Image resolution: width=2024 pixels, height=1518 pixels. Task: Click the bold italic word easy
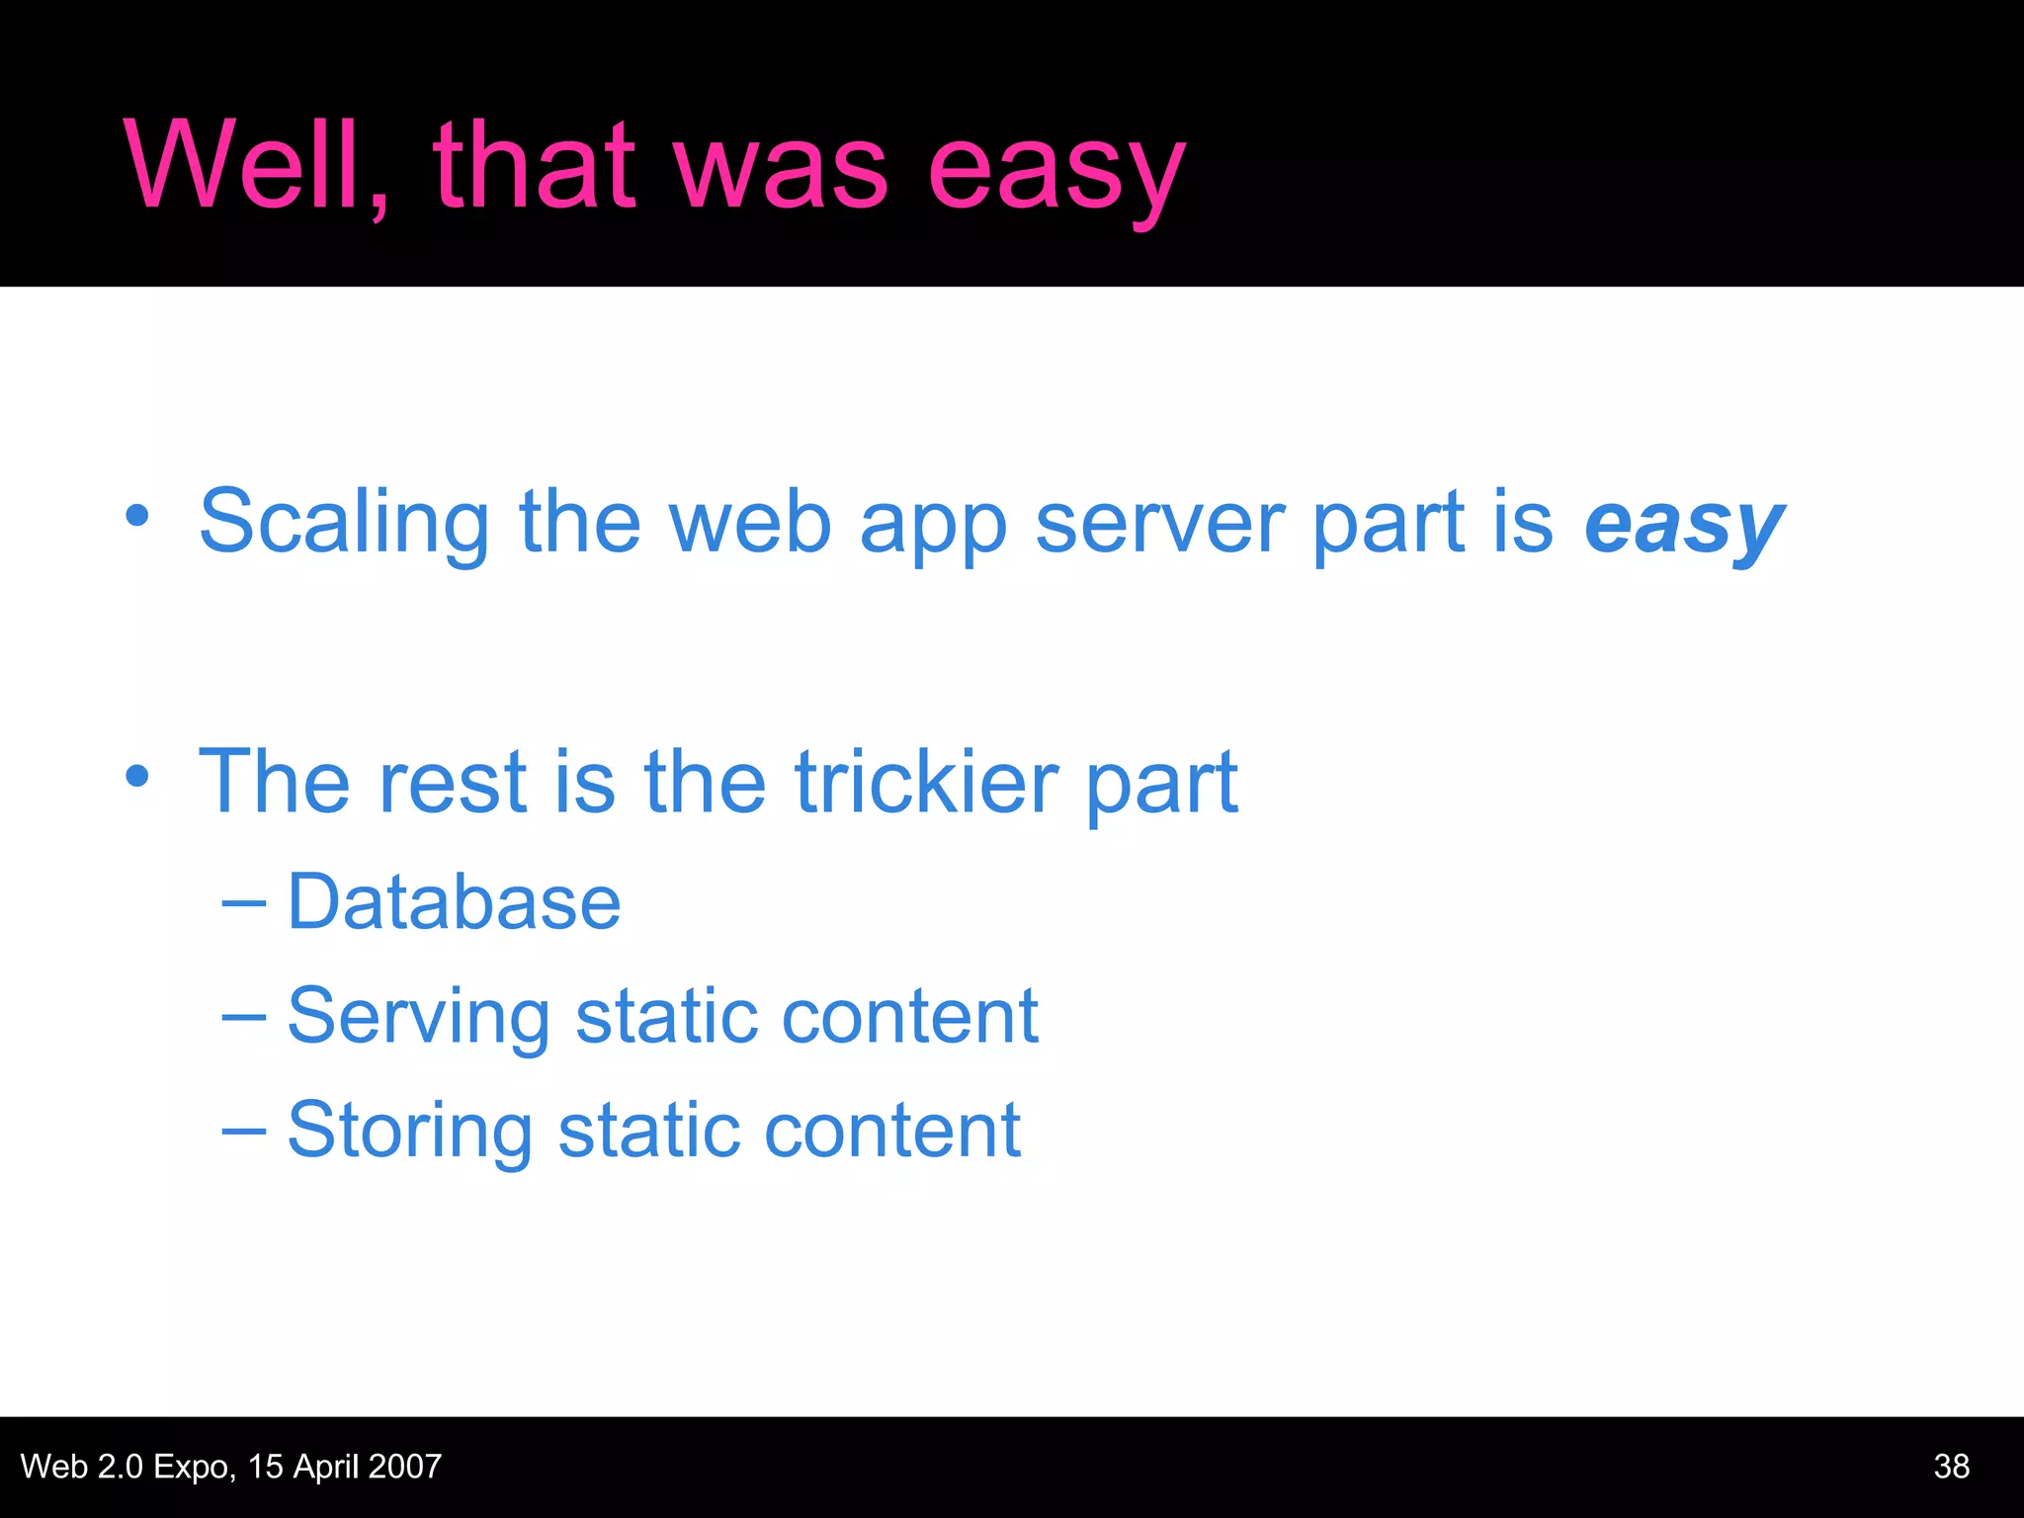coord(1684,526)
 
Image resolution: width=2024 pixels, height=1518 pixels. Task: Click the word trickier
coord(927,782)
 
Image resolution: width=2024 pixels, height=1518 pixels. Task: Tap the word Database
coord(454,902)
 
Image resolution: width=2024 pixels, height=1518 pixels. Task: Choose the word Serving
coord(418,1018)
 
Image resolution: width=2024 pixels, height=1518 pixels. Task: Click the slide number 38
coord(1951,1466)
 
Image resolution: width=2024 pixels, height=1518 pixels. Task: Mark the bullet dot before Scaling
coord(137,516)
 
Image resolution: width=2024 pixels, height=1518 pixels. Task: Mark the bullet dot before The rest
coord(137,776)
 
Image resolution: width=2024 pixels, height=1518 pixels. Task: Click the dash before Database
coord(243,901)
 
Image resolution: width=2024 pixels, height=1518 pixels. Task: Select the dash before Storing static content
coord(243,1130)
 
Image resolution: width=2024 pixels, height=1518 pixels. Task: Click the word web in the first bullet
coord(750,524)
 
